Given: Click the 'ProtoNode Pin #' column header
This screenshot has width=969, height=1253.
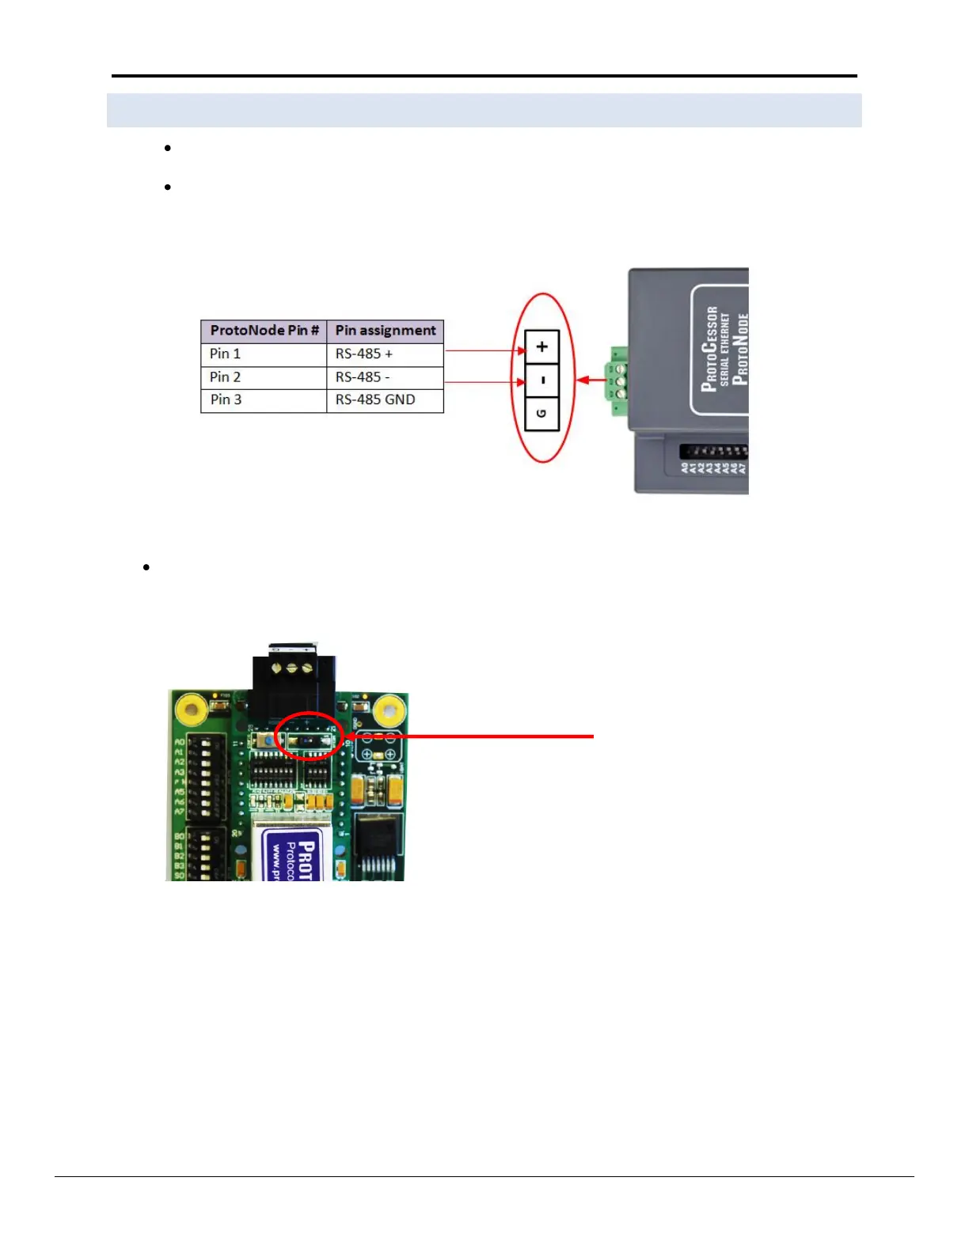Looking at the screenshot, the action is click(264, 331).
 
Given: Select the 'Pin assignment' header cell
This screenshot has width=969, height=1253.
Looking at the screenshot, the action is click(386, 331).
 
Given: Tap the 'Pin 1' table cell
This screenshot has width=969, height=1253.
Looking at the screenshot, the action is click(264, 354).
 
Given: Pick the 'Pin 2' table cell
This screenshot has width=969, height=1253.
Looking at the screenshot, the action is click(264, 377).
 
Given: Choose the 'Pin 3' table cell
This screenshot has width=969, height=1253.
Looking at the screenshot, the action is click(264, 400).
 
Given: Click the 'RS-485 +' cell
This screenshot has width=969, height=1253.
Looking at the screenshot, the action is click(386, 354).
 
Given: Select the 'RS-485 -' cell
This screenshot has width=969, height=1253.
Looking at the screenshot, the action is click(386, 377).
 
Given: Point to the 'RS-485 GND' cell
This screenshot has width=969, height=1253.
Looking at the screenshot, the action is click(386, 400).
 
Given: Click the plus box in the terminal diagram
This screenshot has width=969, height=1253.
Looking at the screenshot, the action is click(542, 346).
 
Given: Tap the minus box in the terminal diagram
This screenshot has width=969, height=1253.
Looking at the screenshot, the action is click(542, 380).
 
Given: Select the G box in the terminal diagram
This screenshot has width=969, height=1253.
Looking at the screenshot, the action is click(542, 414).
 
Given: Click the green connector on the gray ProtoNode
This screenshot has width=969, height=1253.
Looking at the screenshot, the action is click(617, 380).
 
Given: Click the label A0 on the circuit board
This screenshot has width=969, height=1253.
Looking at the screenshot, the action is click(180, 742).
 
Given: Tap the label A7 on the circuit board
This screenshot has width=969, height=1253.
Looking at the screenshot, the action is click(180, 812).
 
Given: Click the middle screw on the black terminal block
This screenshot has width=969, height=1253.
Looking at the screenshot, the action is click(292, 668).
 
